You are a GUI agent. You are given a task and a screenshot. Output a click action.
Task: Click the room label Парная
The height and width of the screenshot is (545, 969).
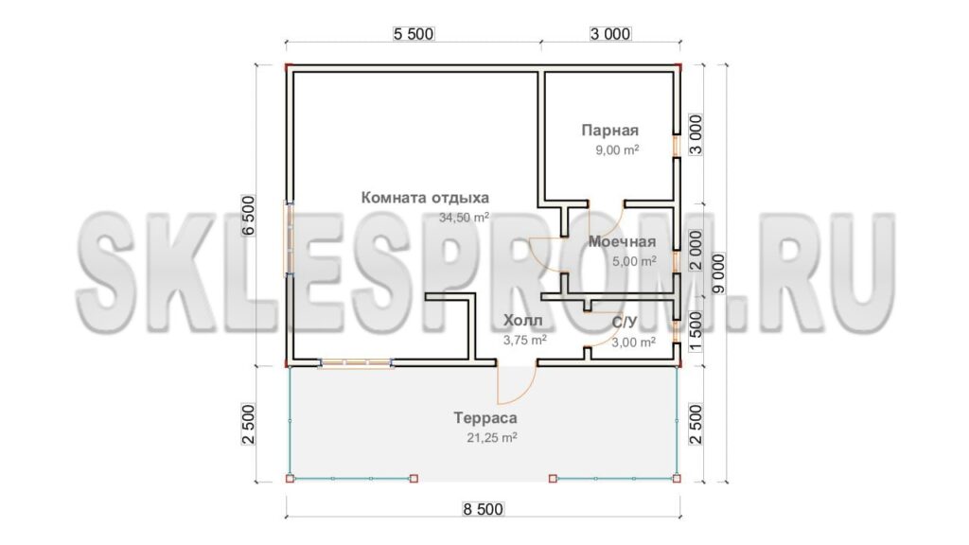click(x=610, y=131)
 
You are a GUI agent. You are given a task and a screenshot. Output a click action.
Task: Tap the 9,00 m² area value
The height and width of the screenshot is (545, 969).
click(x=617, y=150)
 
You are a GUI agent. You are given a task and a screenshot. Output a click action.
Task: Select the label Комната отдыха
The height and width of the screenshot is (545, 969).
click(x=425, y=198)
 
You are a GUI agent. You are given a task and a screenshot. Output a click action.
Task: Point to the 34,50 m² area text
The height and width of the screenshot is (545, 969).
click(x=464, y=218)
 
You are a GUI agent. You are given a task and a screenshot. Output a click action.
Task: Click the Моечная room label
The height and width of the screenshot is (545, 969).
click(x=622, y=241)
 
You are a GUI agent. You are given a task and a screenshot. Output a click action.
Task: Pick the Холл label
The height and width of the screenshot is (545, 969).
click(x=522, y=320)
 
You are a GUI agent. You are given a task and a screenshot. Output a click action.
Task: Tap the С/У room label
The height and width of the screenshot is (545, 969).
click(x=625, y=323)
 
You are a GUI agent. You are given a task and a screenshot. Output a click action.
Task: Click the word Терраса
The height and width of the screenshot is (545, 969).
click(x=485, y=418)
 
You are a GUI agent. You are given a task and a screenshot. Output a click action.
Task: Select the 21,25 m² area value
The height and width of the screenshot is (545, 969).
click(x=492, y=438)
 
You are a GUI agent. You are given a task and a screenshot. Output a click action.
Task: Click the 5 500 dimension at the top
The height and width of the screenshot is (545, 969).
click(x=414, y=34)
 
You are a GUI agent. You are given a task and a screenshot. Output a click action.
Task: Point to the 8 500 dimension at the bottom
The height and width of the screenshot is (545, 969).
click(x=484, y=509)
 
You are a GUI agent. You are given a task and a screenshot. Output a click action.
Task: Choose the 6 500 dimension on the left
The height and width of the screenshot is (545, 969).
click(x=248, y=216)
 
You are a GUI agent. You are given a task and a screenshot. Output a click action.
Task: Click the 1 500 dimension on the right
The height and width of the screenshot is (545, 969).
click(x=696, y=332)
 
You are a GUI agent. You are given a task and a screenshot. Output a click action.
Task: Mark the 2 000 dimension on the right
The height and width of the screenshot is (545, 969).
click(x=696, y=250)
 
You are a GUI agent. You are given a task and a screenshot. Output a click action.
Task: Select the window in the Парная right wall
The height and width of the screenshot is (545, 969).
click(x=677, y=146)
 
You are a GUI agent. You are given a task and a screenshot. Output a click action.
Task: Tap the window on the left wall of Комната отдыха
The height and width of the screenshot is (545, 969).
click(x=289, y=237)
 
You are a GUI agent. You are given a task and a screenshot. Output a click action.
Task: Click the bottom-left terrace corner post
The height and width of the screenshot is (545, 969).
click(x=290, y=478)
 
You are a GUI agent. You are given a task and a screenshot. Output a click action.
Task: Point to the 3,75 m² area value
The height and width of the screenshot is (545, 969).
click(x=524, y=340)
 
